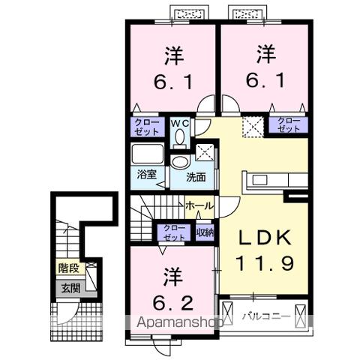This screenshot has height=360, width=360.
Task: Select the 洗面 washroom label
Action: point(196,178)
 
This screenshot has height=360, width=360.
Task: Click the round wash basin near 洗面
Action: point(179,163)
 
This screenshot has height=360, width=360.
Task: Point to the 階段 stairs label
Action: point(69,267)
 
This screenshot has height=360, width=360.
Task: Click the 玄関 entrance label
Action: point(70,287)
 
